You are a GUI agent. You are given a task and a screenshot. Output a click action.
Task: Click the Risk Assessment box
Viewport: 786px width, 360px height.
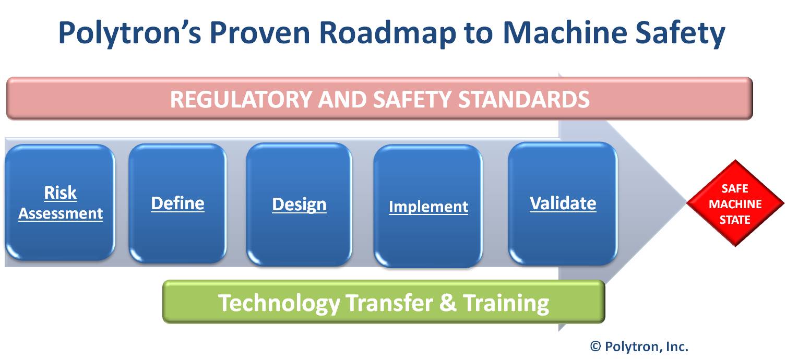pyautogui.click(x=60, y=202)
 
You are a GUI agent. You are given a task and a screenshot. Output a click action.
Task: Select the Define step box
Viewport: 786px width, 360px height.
pyautogui.click(x=177, y=203)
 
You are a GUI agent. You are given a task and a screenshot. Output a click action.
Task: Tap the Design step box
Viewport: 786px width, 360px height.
pyautogui.click(x=299, y=204)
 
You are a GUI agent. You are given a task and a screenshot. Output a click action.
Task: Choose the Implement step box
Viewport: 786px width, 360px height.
pyautogui.click(x=428, y=206)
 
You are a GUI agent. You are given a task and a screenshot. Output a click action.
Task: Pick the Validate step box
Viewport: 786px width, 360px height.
pyautogui.click(x=563, y=203)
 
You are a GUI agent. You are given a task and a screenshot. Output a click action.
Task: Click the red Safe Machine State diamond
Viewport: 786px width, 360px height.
pyautogui.click(x=735, y=203)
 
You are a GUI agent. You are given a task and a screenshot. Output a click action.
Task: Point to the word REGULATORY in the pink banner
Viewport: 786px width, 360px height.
pyautogui.click(x=242, y=99)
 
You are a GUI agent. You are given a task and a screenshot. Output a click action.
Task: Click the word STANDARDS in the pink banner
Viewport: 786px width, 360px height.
pyautogui.click(x=523, y=99)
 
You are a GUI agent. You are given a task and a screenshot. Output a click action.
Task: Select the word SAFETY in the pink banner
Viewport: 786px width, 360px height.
pyautogui.click(x=412, y=99)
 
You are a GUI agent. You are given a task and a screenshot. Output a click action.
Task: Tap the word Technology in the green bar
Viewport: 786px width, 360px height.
pyautogui.click(x=279, y=303)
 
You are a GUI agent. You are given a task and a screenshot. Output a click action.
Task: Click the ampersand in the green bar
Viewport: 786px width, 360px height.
pyautogui.click(x=448, y=302)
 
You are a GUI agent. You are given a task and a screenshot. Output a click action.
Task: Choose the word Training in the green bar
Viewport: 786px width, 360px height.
pyautogui.click(x=506, y=303)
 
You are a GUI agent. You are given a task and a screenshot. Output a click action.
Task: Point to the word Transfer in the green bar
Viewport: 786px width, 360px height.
pyautogui.click(x=389, y=302)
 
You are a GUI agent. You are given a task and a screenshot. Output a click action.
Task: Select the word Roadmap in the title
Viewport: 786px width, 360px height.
pyautogui.click(x=388, y=33)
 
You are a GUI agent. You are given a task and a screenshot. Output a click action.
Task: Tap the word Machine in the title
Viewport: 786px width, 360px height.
pyautogui.click(x=565, y=32)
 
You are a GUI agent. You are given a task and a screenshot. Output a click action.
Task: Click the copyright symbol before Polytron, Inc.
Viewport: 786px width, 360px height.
pyautogui.click(x=596, y=346)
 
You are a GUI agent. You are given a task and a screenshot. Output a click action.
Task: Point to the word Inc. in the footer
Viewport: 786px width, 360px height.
pyautogui.click(x=677, y=346)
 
